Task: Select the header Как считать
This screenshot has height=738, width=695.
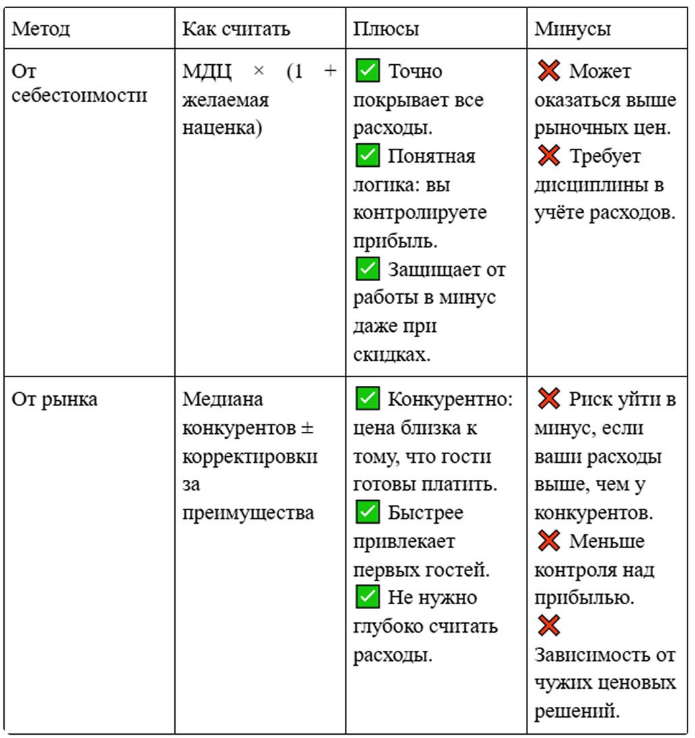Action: pyautogui.click(x=236, y=29)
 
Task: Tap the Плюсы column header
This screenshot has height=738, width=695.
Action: pyautogui.click(x=386, y=29)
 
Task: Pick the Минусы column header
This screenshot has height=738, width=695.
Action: pyautogui.click(x=573, y=29)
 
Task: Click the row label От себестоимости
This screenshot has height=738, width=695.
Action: pyautogui.click(x=79, y=83)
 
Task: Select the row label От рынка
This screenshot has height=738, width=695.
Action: pyautogui.click(x=55, y=399)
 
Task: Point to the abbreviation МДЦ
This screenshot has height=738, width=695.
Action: pyautogui.click(x=208, y=72)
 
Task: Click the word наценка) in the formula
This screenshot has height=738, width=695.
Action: pyautogui.click(x=222, y=128)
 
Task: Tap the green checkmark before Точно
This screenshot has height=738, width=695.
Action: pyautogui.click(x=367, y=71)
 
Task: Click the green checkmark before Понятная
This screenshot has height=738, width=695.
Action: pyautogui.click(x=367, y=156)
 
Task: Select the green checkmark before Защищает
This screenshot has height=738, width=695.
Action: pyautogui.click(x=367, y=269)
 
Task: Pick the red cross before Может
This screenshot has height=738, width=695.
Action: pyautogui.click(x=548, y=71)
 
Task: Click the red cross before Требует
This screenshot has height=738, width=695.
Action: pyautogui.click(x=548, y=156)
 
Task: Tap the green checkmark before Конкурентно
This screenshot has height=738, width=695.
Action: pyautogui.click(x=367, y=399)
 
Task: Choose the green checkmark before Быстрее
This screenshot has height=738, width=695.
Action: pyautogui.click(x=367, y=512)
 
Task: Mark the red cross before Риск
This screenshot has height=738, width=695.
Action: pyautogui.click(x=548, y=399)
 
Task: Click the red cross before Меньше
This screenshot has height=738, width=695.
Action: pyautogui.click(x=548, y=541)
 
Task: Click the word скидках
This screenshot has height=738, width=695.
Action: pyautogui.click(x=391, y=355)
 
